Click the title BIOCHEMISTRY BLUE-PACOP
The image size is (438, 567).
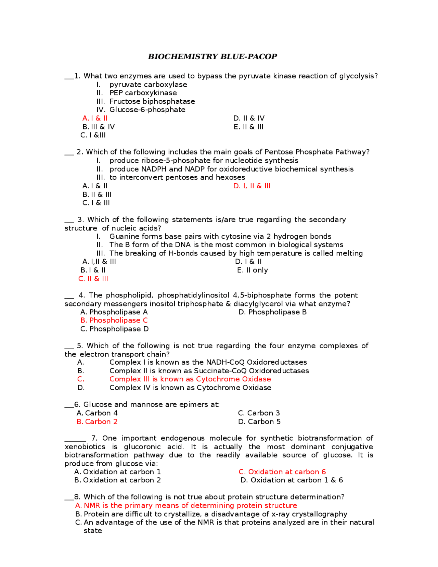click(x=212, y=56)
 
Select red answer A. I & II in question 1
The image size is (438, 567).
click(x=95, y=118)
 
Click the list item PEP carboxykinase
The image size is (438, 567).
click(x=143, y=93)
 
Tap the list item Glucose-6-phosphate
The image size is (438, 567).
click(x=147, y=110)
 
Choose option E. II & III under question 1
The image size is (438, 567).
click(x=248, y=127)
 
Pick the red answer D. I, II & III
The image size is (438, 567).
click(x=252, y=186)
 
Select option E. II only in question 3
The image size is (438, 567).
click(x=253, y=270)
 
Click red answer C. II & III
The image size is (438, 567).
click(x=93, y=279)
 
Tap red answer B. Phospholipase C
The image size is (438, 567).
click(x=114, y=320)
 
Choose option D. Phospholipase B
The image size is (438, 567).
click(x=272, y=312)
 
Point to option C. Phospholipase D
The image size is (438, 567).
click(x=114, y=329)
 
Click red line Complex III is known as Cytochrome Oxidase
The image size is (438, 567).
click(x=190, y=379)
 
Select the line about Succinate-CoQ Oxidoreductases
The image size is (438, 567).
click(x=209, y=371)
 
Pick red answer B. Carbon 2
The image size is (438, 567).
click(x=97, y=422)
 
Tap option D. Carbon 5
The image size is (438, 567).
click(x=259, y=422)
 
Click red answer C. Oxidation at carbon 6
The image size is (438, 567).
click(x=282, y=472)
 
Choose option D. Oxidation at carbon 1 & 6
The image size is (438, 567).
click(x=292, y=480)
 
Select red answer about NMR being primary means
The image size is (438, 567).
click(x=186, y=506)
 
